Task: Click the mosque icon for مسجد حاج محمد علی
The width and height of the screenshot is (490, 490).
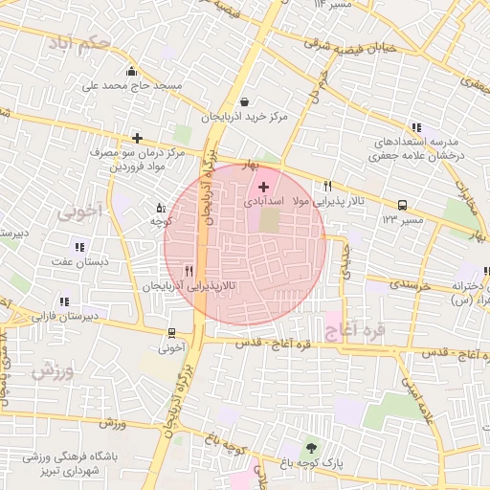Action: click(131, 71)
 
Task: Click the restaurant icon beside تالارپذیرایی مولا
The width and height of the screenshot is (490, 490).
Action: click(328, 186)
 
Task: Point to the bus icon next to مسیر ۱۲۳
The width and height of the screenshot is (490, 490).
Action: click(401, 205)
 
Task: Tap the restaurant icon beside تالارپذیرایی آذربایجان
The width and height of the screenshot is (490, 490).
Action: click(189, 271)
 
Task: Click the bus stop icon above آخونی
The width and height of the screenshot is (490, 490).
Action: click(170, 334)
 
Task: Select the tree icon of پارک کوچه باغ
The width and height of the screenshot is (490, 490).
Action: click(309, 447)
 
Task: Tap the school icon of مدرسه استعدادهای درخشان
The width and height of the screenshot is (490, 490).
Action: click(415, 126)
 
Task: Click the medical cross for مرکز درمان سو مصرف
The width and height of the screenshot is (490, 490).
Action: click(138, 138)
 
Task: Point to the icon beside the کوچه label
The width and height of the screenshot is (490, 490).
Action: click(160, 207)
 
